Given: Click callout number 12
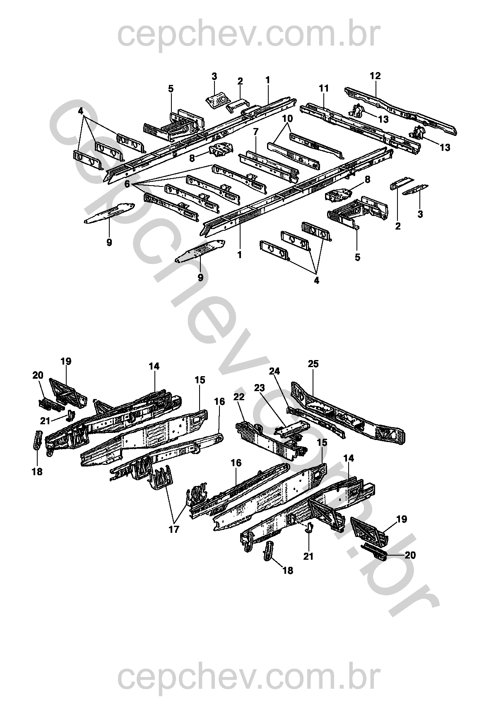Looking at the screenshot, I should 375,76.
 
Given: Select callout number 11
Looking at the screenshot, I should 324,88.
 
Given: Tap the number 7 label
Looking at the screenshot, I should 256,132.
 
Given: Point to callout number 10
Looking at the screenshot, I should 288,118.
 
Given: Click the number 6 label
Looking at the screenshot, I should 127,183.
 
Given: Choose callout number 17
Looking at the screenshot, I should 174,529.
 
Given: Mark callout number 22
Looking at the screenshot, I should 239,397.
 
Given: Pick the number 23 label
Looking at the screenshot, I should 259,388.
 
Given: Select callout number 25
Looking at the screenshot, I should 313,364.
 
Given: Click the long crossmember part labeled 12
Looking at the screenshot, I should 402,109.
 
